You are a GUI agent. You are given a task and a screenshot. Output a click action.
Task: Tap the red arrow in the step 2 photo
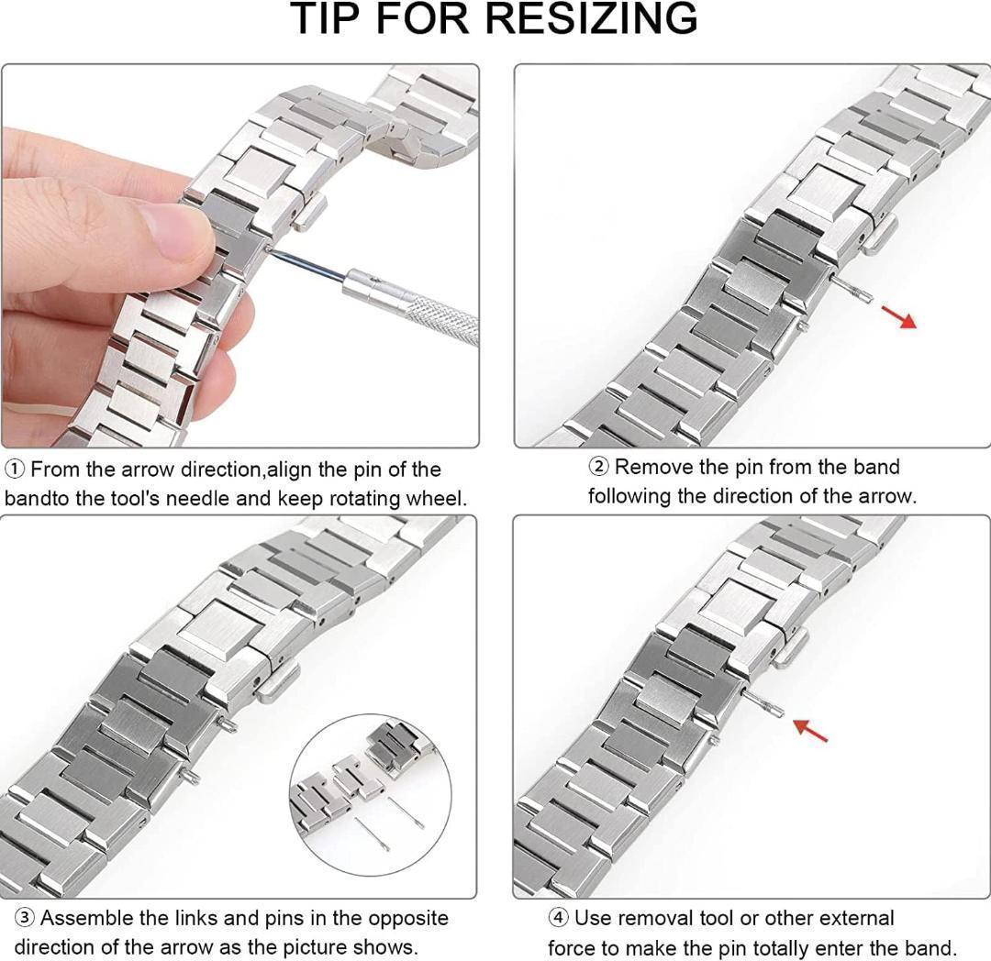898,316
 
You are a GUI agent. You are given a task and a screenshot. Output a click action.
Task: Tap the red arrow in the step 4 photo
810,729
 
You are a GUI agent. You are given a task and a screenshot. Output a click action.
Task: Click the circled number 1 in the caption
16,469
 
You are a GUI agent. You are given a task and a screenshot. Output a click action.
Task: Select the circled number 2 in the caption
599,468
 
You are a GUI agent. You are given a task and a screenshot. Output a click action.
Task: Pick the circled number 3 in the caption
24,918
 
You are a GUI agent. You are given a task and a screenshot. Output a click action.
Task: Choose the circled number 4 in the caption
558,918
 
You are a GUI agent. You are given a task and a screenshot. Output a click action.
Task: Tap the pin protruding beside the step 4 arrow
763,702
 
